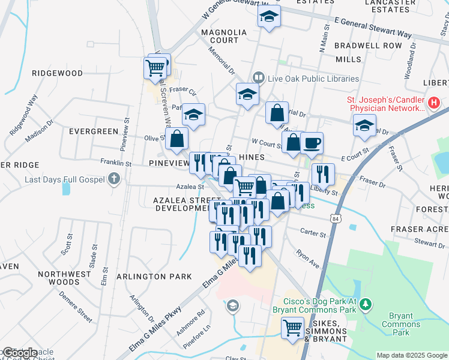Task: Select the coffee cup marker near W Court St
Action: pyautogui.click(x=312, y=143)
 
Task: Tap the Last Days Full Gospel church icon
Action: pyautogui.click(x=115, y=179)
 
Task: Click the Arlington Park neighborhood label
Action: pyautogui.click(x=154, y=277)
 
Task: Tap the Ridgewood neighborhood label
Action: pyautogui.click(x=58, y=73)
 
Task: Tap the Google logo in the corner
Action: pyautogui.click(x=19, y=353)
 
